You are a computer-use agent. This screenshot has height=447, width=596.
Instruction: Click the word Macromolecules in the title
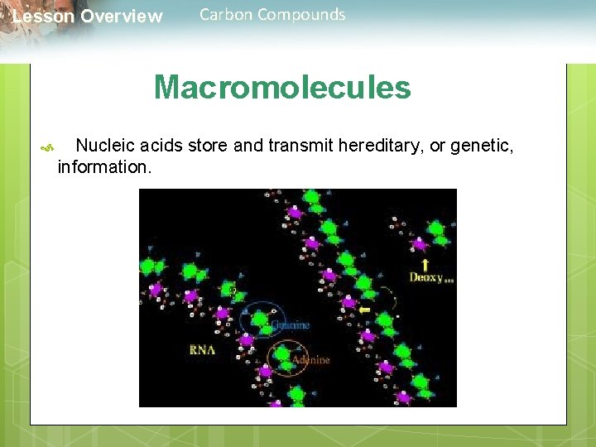(281, 87)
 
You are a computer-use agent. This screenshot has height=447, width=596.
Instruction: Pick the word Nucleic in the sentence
(105, 147)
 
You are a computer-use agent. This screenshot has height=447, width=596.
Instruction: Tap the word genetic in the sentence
(483, 147)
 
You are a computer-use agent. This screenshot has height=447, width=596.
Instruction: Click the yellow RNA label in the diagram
(201, 349)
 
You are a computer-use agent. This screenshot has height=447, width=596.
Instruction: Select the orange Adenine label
(310, 360)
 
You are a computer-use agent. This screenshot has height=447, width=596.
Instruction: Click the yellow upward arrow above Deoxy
(425, 265)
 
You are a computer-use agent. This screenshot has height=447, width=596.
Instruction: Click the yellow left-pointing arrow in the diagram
(364, 310)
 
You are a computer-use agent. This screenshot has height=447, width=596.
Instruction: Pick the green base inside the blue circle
(260, 320)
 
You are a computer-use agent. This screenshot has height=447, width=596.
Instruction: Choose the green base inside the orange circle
(283, 354)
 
